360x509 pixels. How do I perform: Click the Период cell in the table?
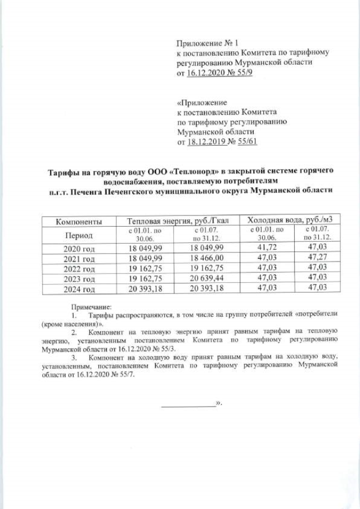point(79,235)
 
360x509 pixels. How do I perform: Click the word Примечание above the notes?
point(92,307)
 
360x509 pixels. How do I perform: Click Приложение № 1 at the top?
point(200,43)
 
